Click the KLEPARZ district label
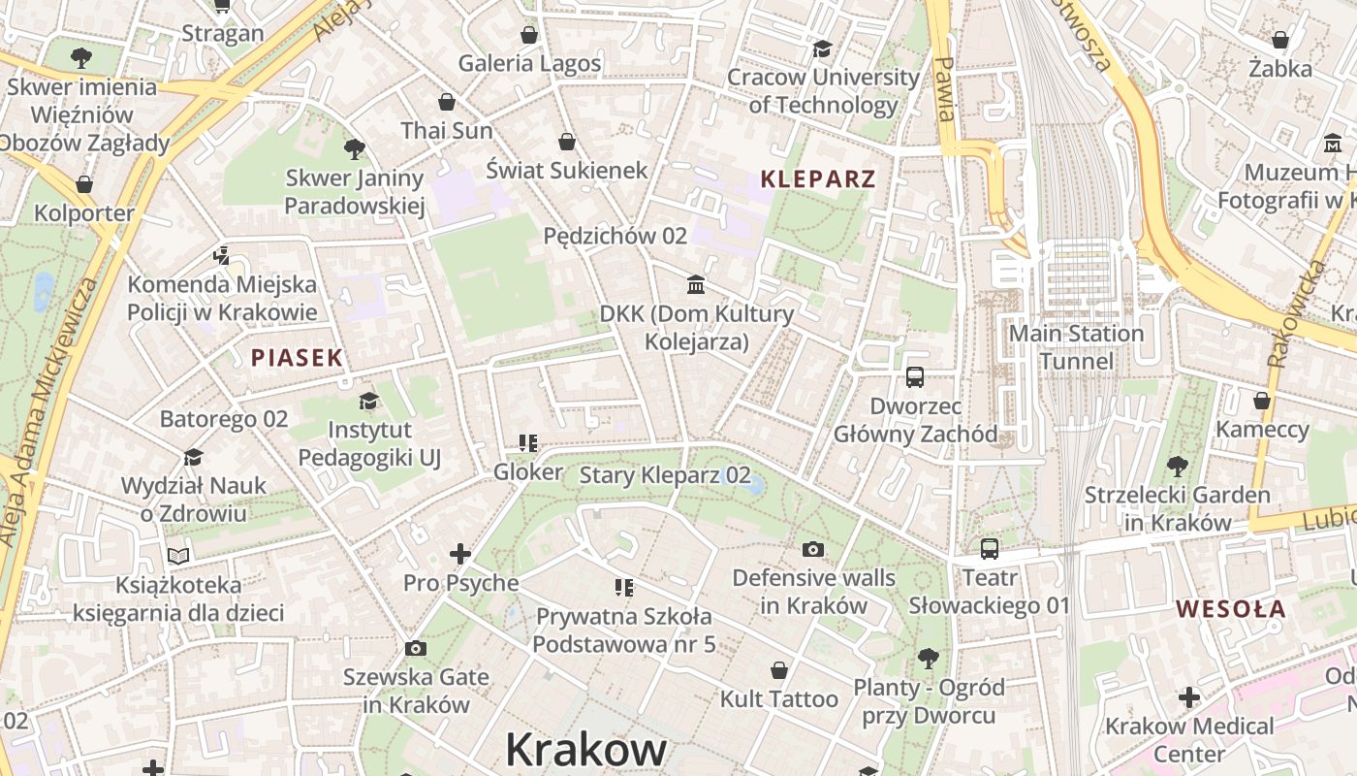pyautogui.click(x=818, y=178)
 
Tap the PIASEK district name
pyautogui.click(x=297, y=358)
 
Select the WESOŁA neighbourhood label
pyautogui.click(x=1231, y=609)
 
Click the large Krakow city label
pyautogui.click(x=585, y=750)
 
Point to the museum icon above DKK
pyautogui.click(x=695, y=284)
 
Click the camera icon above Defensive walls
pyautogui.click(x=813, y=549)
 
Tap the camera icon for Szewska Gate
pyautogui.click(x=415, y=648)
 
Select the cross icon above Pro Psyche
pyautogui.click(x=460, y=554)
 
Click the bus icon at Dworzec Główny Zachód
pyautogui.click(x=914, y=377)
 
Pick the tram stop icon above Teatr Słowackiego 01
pyautogui.click(x=989, y=549)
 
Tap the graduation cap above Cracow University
pyautogui.click(x=822, y=48)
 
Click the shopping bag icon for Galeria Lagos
pyautogui.click(x=529, y=36)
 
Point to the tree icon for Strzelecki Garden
pyautogui.click(x=1177, y=467)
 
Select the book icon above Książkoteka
pyautogui.click(x=177, y=556)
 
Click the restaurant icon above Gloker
pyautogui.click(x=528, y=443)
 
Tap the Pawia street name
pyautogui.click(x=944, y=88)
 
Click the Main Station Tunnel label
pyautogui.click(x=1076, y=347)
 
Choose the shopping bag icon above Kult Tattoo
pyautogui.click(x=778, y=670)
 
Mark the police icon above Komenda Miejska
pyautogui.click(x=221, y=256)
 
